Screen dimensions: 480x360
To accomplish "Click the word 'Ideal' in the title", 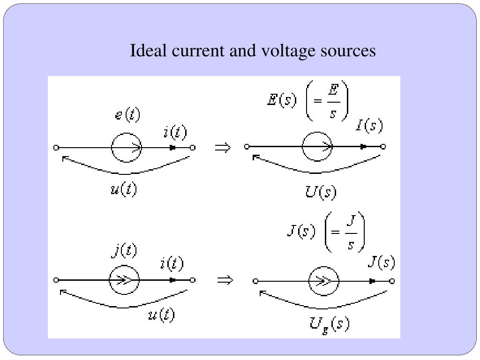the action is (x=149, y=50).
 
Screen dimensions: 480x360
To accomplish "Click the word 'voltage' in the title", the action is (x=288, y=52).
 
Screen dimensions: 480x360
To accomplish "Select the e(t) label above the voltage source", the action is (x=127, y=114).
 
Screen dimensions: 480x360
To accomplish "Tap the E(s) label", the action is (x=282, y=99).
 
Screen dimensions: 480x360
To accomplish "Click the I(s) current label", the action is (x=369, y=125).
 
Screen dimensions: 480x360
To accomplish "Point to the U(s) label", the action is (x=321, y=192).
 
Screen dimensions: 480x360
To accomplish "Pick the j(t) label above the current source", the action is (x=124, y=251).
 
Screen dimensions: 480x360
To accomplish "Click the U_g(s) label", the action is (x=330, y=325).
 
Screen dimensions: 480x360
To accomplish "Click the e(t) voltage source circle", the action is (x=126, y=133).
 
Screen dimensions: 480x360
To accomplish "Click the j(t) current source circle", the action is (x=124, y=266).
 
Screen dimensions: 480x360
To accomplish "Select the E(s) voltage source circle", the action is (x=317, y=132).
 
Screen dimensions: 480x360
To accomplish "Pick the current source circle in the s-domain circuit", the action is (x=323, y=266).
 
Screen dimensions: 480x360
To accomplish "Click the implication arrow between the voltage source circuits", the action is (x=223, y=148).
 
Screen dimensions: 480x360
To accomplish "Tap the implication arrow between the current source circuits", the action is (x=225, y=280).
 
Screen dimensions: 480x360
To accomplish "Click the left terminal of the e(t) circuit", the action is (x=56, y=148).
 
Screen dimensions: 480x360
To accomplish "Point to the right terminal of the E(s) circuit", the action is (x=383, y=147).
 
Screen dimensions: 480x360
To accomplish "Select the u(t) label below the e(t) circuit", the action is (x=124, y=189).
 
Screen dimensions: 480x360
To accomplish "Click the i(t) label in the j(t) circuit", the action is (x=172, y=264).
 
